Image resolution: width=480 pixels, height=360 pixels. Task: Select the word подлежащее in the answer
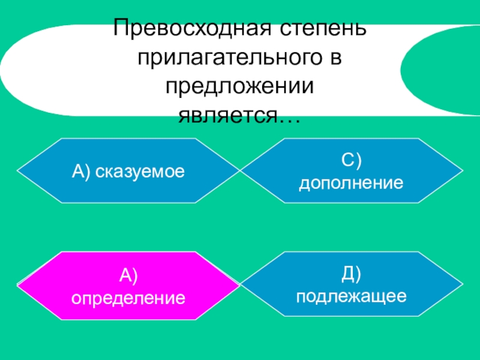point(352,296)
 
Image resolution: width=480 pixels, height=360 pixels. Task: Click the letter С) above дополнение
point(352,161)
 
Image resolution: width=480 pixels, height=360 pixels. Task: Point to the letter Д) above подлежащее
point(352,274)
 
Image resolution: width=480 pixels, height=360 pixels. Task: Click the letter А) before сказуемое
point(81,172)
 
